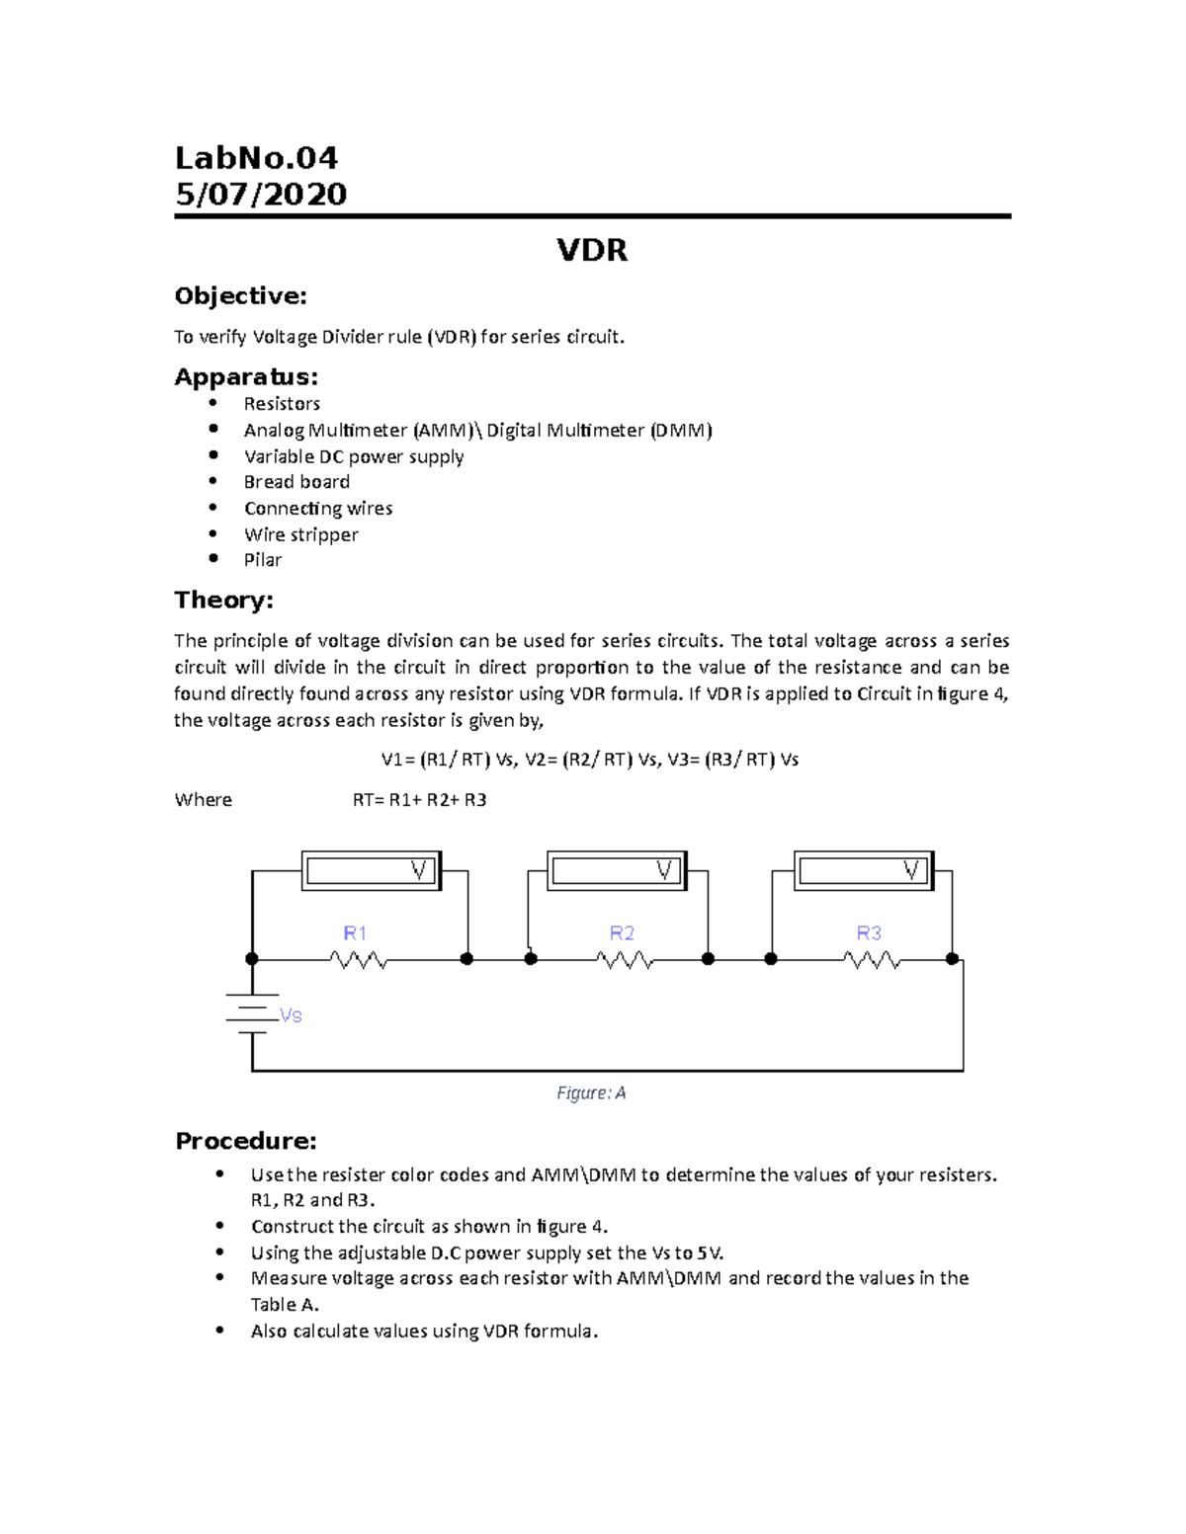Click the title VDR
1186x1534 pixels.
(592, 250)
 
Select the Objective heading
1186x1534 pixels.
(240, 296)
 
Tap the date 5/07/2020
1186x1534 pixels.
(261, 194)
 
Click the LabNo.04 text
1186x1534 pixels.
(256, 158)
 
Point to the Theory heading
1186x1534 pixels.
(223, 601)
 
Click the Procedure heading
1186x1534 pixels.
(245, 1141)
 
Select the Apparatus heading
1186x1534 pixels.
(246, 376)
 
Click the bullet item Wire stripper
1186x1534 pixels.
(300, 534)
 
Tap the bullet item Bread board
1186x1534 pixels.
(296, 482)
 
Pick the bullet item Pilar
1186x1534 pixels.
(263, 560)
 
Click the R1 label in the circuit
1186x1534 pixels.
(355, 933)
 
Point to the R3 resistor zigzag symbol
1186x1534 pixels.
(871, 959)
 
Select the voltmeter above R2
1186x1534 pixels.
(617, 871)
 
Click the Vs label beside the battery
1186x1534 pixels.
(291, 1015)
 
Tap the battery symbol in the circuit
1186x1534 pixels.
(252, 1013)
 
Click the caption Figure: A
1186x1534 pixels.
(591, 1092)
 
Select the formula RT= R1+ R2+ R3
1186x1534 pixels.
(419, 800)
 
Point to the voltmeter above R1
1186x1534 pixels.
(371, 871)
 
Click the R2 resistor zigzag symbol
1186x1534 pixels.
(625, 959)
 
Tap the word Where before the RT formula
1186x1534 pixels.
(203, 800)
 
